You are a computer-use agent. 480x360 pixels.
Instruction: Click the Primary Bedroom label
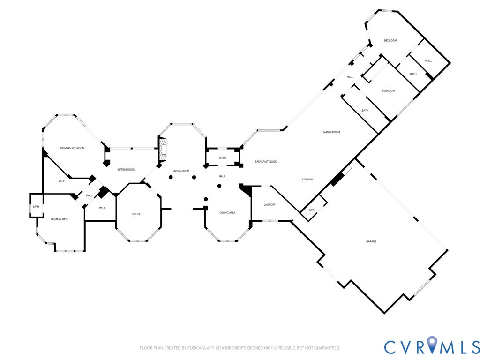[x=72, y=148]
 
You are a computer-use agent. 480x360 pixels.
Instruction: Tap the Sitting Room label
[x=126, y=170]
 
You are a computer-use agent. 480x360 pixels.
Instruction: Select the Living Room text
[x=181, y=171]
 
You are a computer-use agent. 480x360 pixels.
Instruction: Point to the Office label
[x=136, y=214]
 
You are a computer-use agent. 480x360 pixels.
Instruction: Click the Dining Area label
[x=227, y=213]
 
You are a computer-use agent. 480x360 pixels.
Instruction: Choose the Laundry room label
[x=270, y=205]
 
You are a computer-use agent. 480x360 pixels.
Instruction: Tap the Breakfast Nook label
[x=266, y=162]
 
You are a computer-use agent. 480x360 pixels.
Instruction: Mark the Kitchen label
[x=307, y=180]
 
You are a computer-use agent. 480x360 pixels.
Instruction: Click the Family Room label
[x=331, y=132]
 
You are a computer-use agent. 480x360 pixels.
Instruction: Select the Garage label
[x=371, y=241]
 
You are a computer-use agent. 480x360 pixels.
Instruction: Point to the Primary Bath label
[x=60, y=219]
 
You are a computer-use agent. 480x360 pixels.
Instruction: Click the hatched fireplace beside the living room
[x=163, y=150]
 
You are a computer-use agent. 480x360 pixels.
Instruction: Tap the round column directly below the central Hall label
[x=219, y=186]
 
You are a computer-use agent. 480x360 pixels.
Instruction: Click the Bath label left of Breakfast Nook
[x=223, y=158]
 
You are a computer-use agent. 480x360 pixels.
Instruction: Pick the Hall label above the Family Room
[x=350, y=77]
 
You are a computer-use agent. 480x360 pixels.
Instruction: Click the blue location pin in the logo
[x=432, y=344]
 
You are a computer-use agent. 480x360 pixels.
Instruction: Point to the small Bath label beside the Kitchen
[x=312, y=210]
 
